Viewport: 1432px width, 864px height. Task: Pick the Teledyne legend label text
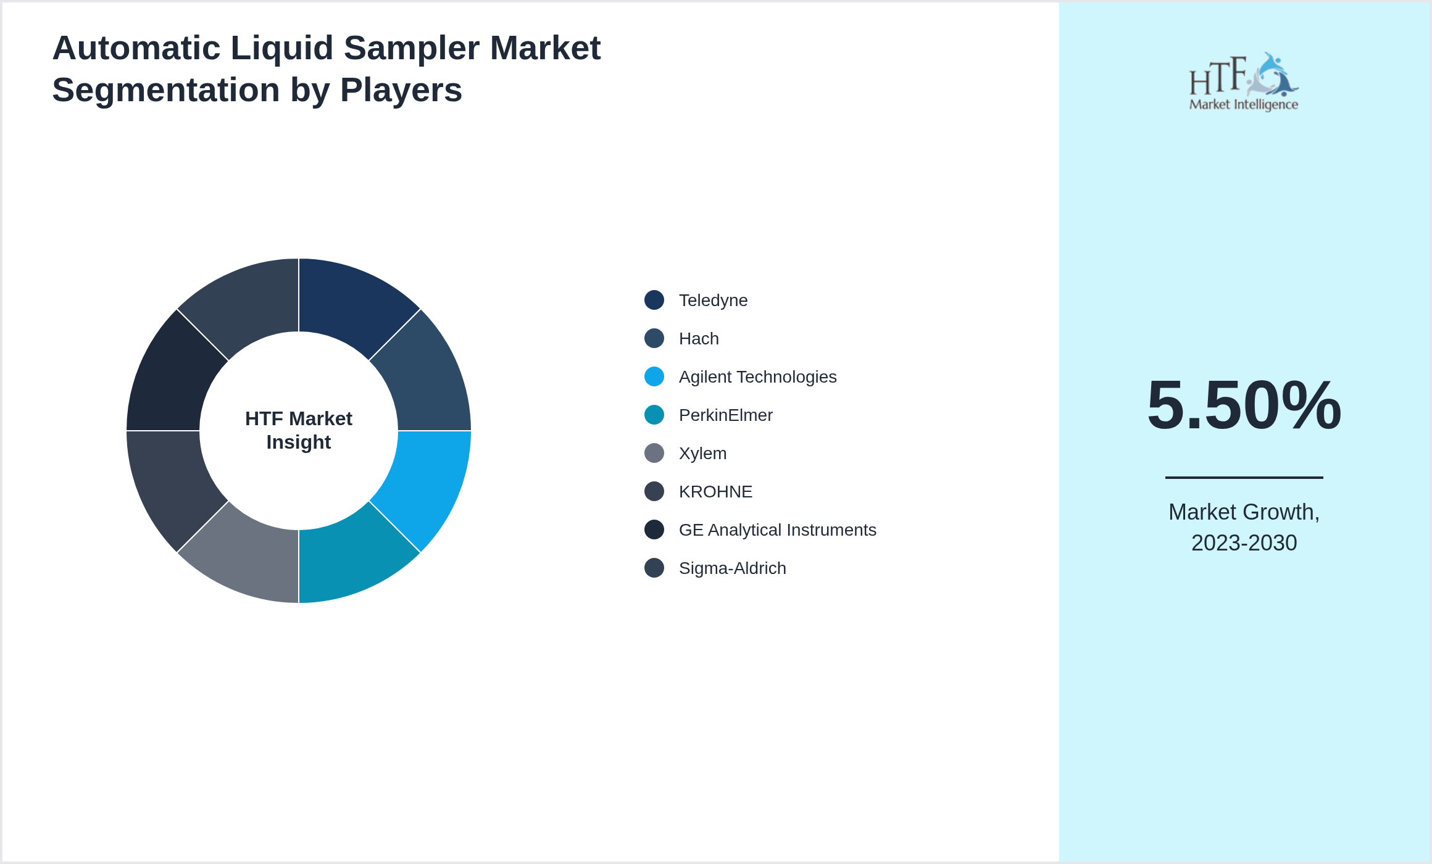[713, 301]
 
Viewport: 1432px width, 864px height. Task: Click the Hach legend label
[699, 339]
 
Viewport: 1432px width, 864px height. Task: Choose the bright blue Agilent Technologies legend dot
[654, 376]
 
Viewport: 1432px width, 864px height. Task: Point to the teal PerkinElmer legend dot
[654, 415]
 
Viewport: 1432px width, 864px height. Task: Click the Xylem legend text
[702, 454]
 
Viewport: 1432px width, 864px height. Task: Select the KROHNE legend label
[715, 492]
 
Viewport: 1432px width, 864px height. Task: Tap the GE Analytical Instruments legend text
[777, 530]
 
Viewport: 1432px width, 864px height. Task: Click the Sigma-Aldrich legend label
[732, 568]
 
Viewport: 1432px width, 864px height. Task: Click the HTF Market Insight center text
[299, 430]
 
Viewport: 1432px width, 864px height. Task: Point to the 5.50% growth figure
[1244, 405]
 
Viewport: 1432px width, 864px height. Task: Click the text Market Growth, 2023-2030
[1244, 527]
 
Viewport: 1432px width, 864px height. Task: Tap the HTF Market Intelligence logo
[1244, 82]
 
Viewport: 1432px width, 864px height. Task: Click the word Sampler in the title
[411, 48]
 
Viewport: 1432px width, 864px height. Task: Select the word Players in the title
[401, 90]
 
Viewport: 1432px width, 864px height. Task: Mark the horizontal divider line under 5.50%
[1244, 477]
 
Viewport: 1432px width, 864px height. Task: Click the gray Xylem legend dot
[654, 453]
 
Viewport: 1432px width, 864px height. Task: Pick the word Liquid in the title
[281, 48]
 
